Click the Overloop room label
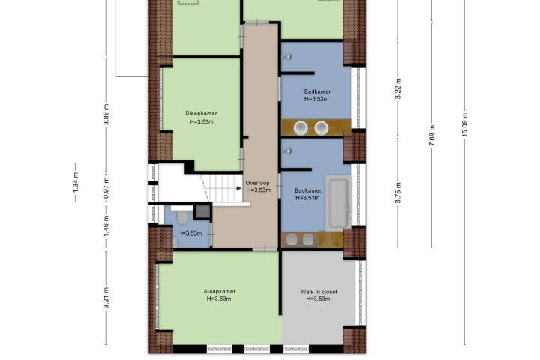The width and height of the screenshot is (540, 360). pyautogui.click(x=257, y=183)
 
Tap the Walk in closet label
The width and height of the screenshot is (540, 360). pyautogui.click(x=319, y=292)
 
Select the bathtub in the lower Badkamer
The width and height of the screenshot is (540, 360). pyautogui.click(x=337, y=203)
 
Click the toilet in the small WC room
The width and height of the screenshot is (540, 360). pyautogui.click(x=181, y=217)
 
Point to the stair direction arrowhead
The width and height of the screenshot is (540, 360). pyautogui.click(x=238, y=188)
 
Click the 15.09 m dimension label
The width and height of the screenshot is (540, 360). pyautogui.click(x=464, y=124)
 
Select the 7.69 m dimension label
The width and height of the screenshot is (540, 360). pyautogui.click(x=432, y=135)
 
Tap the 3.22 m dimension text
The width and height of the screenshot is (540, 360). pyautogui.click(x=398, y=89)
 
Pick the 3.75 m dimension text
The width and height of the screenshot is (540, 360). pyautogui.click(x=398, y=193)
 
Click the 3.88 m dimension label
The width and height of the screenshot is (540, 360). pyautogui.click(x=106, y=114)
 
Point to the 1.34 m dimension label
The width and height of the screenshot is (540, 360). pyautogui.click(x=76, y=181)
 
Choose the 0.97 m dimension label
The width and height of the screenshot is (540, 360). pyautogui.click(x=106, y=187)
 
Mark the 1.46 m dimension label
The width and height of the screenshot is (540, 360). pyautogui.click(x=106, y=226)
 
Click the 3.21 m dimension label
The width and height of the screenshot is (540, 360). pyautogui.click(x=106, y=298)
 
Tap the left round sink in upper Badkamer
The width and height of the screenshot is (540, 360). pyautogui.click(x=301, y=128)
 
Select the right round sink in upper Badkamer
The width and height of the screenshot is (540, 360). pyautogui.click(x=321, y=128)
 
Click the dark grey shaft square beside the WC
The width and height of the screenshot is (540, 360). pyautogui.click(x=202, y=211)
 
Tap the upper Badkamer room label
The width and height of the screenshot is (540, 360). pyautogui.click(x=317, y=91)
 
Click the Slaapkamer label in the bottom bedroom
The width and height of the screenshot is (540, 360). pyautogui.click(x=219, y=292)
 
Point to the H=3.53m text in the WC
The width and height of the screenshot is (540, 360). pyautogui.click(x=190, y=233)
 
